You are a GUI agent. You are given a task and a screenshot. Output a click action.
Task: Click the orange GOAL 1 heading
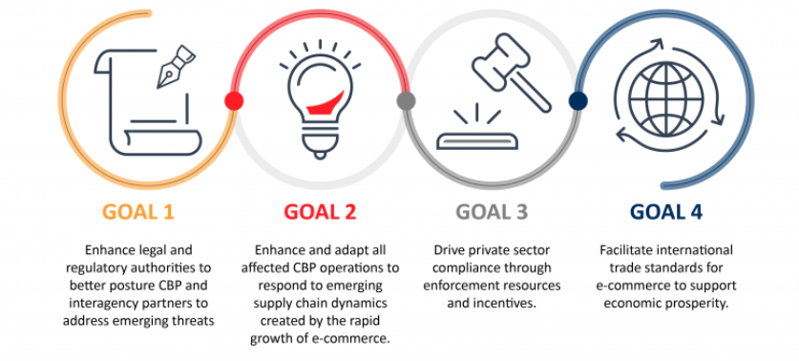coord(138,212)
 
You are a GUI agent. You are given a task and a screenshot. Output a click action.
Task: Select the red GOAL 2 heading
coord(320,212)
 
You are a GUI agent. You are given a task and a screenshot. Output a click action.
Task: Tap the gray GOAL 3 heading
coord(492,212)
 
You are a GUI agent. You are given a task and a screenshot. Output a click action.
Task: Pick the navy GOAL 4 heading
coord(666,212)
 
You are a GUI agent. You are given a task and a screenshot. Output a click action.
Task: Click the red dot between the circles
coord(234,101)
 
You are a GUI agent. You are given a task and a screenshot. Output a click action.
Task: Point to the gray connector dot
coord(406,101)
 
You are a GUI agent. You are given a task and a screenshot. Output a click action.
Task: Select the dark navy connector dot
coord(578,101)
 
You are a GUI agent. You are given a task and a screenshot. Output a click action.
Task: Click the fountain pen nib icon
coord(176,66)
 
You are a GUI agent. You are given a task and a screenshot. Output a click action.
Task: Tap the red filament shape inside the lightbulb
coord(326,102)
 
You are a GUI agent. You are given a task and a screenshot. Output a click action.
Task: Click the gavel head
coord(497,61)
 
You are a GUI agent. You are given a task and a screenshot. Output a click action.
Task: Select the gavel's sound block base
coord(477,140)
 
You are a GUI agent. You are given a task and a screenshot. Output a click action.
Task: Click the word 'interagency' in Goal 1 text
coord(96,304)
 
